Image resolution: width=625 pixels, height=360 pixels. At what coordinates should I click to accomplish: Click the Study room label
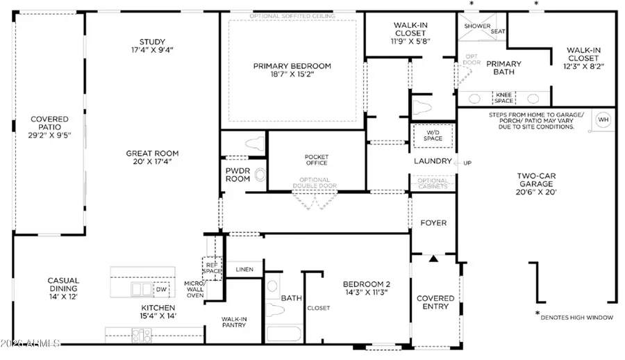coord(151,41)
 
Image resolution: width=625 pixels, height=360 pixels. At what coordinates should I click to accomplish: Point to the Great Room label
coord(152,154)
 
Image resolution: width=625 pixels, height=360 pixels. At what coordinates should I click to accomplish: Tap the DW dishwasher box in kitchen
coord(160,289)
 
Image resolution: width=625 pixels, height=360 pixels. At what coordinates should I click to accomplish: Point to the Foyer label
coord(434,223)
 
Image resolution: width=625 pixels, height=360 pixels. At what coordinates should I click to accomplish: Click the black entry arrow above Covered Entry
coord(434,259)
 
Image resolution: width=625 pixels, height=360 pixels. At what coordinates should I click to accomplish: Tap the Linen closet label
coord(244,270)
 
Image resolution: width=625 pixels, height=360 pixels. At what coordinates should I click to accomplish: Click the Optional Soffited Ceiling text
coord(292,15)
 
